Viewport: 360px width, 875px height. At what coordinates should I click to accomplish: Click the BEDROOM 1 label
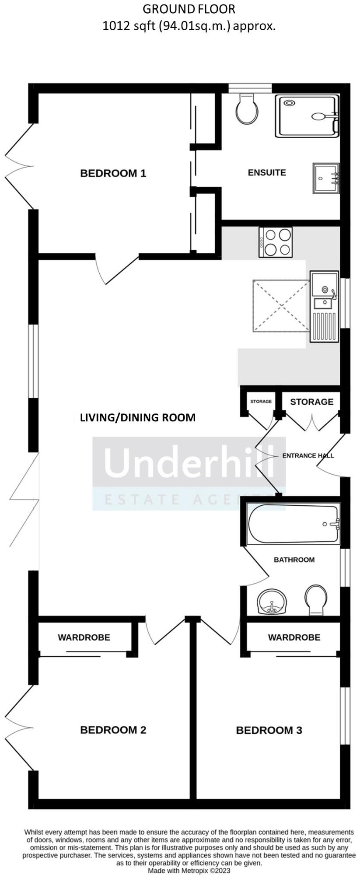113,173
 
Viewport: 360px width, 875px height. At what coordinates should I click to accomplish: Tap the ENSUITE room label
267,172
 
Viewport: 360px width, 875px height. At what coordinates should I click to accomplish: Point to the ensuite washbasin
326,178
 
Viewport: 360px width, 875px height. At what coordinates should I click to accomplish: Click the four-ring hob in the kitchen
276,242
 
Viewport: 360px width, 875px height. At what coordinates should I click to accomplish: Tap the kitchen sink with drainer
324,306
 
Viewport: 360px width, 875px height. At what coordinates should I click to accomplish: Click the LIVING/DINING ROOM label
138,417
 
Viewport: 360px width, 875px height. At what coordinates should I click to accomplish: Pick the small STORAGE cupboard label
261,401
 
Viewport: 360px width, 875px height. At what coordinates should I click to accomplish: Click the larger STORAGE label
311,402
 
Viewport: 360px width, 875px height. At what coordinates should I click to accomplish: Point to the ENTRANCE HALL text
308,455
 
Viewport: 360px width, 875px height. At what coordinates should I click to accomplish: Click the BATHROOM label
294,560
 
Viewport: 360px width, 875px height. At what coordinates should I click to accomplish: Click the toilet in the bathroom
316,600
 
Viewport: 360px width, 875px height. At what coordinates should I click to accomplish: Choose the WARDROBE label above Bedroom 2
84,637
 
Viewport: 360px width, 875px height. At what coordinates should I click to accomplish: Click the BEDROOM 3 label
269,730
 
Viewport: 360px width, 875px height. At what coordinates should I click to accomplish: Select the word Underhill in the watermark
189,462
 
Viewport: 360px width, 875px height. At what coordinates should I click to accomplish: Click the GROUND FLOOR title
189,8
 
